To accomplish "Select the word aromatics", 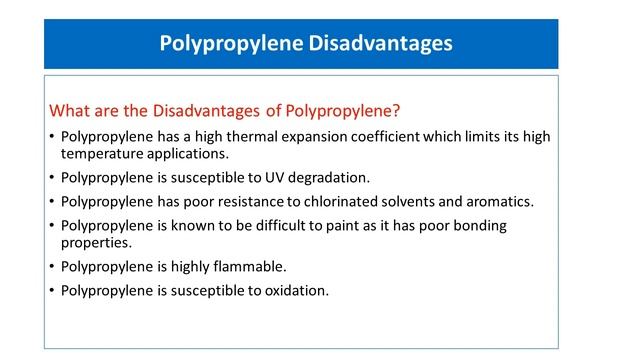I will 497,201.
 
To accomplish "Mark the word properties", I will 98,243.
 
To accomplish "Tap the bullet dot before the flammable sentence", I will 52,268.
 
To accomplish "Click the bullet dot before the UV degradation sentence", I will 52,179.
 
